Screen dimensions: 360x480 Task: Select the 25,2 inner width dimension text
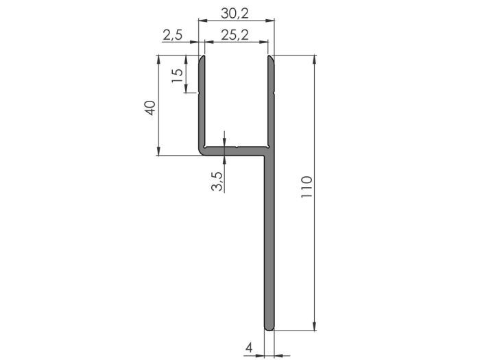pos(235,36)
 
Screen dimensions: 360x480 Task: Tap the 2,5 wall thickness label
pos(173,36)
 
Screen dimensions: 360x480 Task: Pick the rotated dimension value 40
pos(150,108)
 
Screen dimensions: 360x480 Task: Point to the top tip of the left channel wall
pos(202,58)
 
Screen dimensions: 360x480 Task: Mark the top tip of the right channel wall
pos(271,58)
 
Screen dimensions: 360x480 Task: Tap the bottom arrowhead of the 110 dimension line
pos(315,327)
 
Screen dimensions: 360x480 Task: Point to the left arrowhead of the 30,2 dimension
pos(201,20)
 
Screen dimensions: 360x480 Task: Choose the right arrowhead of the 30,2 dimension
pos(272,20)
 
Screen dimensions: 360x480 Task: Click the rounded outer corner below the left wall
pos(202,153)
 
